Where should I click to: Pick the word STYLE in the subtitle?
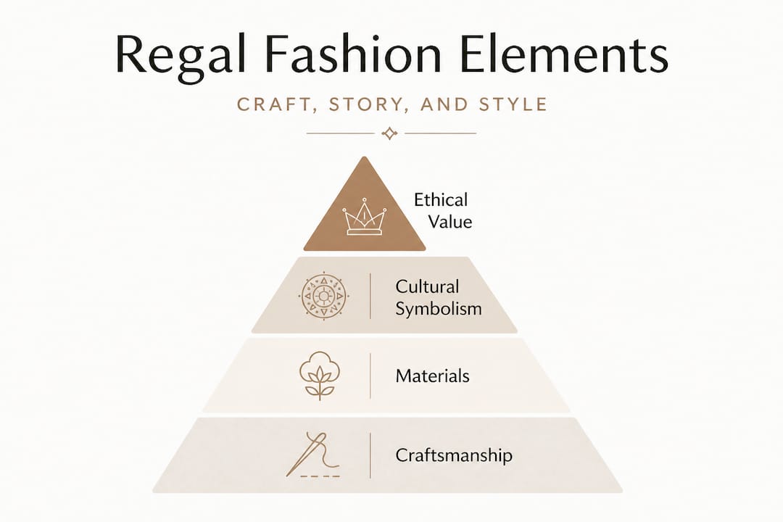513,104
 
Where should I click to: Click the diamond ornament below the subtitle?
389,133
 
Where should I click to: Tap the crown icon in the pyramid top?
365,216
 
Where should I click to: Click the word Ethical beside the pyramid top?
441,200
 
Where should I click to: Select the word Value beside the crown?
450,222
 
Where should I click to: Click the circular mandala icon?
323,297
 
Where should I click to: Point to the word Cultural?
427,286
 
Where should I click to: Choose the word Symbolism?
439,309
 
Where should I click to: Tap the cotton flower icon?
320,375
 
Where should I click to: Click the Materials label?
432,376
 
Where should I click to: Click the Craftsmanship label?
454,455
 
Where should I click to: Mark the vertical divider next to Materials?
370,376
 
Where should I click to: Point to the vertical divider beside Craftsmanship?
370,455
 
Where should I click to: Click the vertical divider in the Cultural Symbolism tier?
370,296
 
